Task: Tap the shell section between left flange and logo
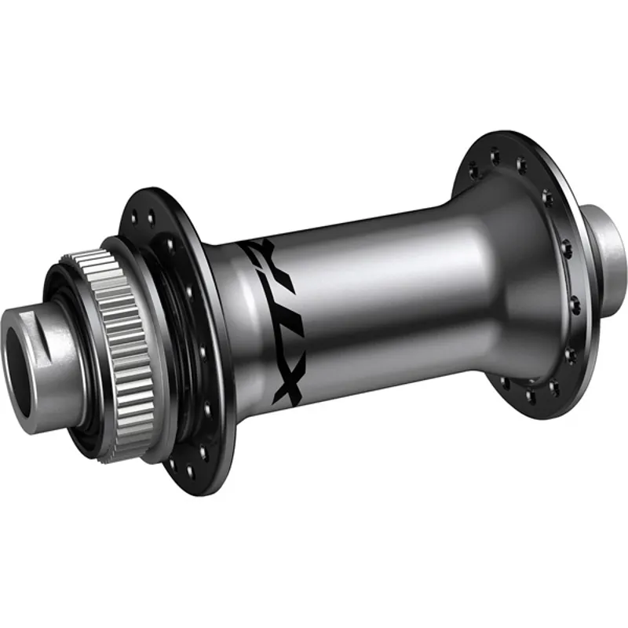pos(235,330)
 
